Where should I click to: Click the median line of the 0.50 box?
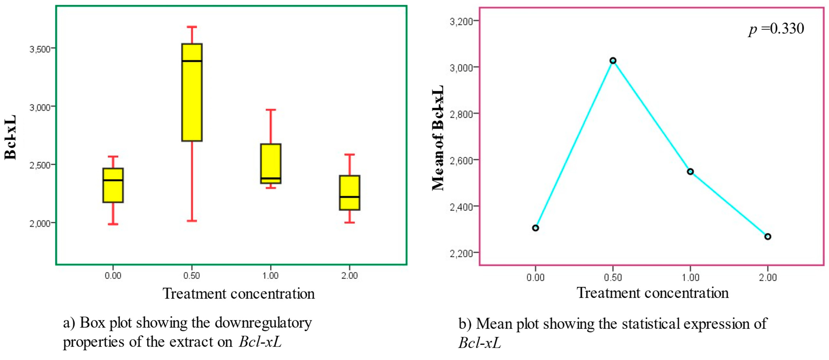192,61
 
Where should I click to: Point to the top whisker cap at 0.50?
192,27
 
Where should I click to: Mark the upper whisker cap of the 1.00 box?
271,110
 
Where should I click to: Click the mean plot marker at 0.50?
613,61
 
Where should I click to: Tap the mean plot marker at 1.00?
690,172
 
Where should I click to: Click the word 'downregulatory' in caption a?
263,323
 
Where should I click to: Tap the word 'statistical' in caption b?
651,324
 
